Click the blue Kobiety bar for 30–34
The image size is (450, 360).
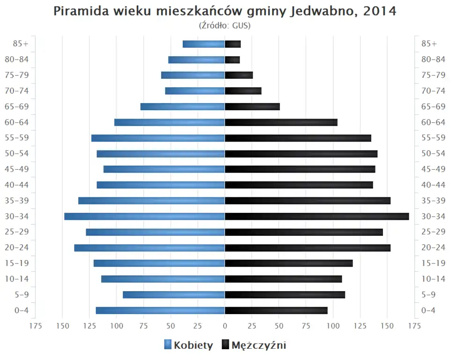pos(144,217)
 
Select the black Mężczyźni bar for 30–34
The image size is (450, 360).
pos(317,217)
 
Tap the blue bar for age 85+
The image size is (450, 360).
pos(204,44)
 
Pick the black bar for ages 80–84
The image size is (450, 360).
pos(232,60)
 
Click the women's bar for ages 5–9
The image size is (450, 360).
pos(174,295)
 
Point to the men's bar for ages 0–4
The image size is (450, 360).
pos(276,310)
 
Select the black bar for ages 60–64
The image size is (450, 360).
pos(281,122)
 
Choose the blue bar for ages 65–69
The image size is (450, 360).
pos(183,107)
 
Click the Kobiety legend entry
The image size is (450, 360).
pos(188,345)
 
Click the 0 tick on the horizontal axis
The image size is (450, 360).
pos(225,326)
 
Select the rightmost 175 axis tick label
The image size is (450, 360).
pos(414,326)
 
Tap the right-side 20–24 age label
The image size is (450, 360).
pos(433,247)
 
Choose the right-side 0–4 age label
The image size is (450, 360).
pos(429,310)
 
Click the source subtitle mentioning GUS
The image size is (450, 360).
pos(225,25)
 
